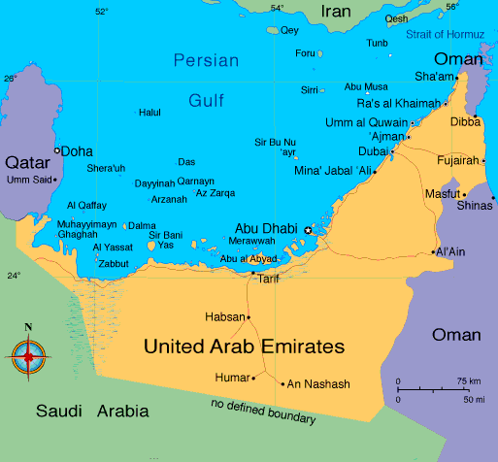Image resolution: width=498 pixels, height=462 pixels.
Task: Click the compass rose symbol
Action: point(28,356)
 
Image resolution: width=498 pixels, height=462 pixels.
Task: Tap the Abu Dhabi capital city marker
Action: point(309,230)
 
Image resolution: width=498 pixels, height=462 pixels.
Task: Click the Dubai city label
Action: point(373,152)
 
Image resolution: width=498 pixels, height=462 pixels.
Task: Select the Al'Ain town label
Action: point(452,252)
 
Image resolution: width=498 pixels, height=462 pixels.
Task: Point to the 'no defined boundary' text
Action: point(263,411)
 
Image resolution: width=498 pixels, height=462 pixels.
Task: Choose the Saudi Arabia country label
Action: point(93,412)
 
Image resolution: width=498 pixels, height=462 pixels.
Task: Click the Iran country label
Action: point(337,12)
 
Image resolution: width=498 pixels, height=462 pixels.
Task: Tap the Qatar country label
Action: point(26,161)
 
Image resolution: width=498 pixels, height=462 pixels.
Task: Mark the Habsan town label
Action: point(223,316)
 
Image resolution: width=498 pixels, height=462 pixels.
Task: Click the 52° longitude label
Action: point(102,12)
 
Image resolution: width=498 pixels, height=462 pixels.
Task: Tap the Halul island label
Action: point(150,113)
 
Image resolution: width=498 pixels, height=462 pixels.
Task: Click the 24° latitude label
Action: point(14,276)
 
